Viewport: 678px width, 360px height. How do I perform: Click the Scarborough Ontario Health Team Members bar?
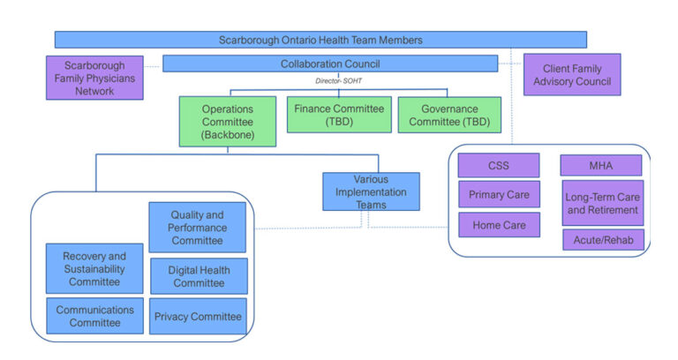tap(320, 40)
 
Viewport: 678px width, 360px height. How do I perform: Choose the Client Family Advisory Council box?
tap(571, 75)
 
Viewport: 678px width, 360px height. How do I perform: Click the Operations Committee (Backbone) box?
tap(228, 121)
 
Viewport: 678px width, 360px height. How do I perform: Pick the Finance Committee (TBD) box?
tap(338, 115)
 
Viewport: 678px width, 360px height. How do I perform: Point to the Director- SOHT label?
tap(339, 80)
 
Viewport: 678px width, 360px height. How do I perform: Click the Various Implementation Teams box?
tap(371, 191)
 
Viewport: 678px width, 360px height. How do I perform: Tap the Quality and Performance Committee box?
tap(197, 228)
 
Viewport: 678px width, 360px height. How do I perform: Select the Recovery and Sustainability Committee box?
tap(94, 268)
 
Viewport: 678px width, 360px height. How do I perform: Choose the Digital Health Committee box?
tap(198, 276)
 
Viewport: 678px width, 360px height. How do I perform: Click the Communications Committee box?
tap(94, 316)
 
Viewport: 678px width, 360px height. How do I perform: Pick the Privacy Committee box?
tap(198, 316)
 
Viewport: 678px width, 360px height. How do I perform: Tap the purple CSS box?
tap(498, 164)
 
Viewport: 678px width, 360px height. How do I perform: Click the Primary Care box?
tap(498, 194)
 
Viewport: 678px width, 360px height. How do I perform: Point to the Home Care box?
tap(498, 225)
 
